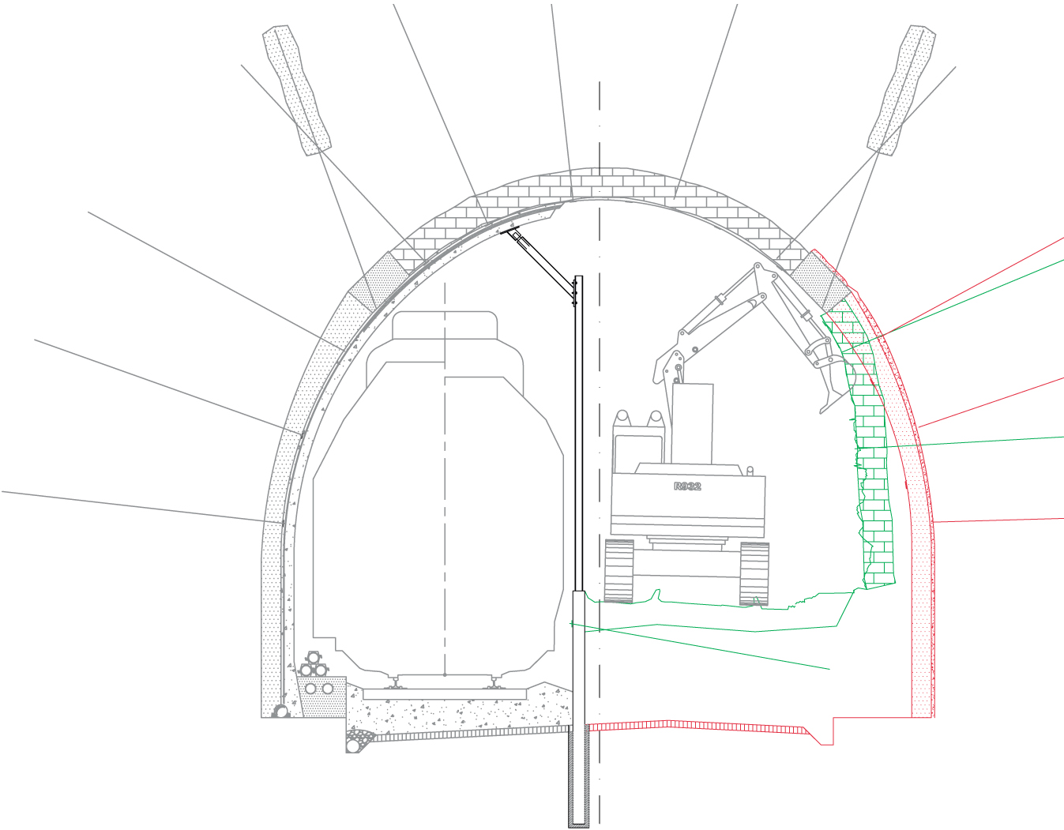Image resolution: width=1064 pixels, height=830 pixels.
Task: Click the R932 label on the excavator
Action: pos(687,486)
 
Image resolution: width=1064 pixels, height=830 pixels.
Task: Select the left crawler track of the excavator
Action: pos(619,571)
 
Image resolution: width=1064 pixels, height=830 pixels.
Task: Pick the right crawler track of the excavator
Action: pos(754,573)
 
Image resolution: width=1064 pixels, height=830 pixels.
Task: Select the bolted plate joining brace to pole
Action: pos(575,293)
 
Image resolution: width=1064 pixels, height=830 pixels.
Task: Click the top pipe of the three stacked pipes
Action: pos(314,658)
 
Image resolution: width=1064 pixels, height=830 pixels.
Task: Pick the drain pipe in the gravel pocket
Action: pos(353,745)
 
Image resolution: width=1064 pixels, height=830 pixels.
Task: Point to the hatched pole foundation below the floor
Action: pos(579,778)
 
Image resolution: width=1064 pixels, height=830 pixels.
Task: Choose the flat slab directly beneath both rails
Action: pos(445,694)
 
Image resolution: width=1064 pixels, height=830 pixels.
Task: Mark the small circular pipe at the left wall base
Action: pos(281,712)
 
